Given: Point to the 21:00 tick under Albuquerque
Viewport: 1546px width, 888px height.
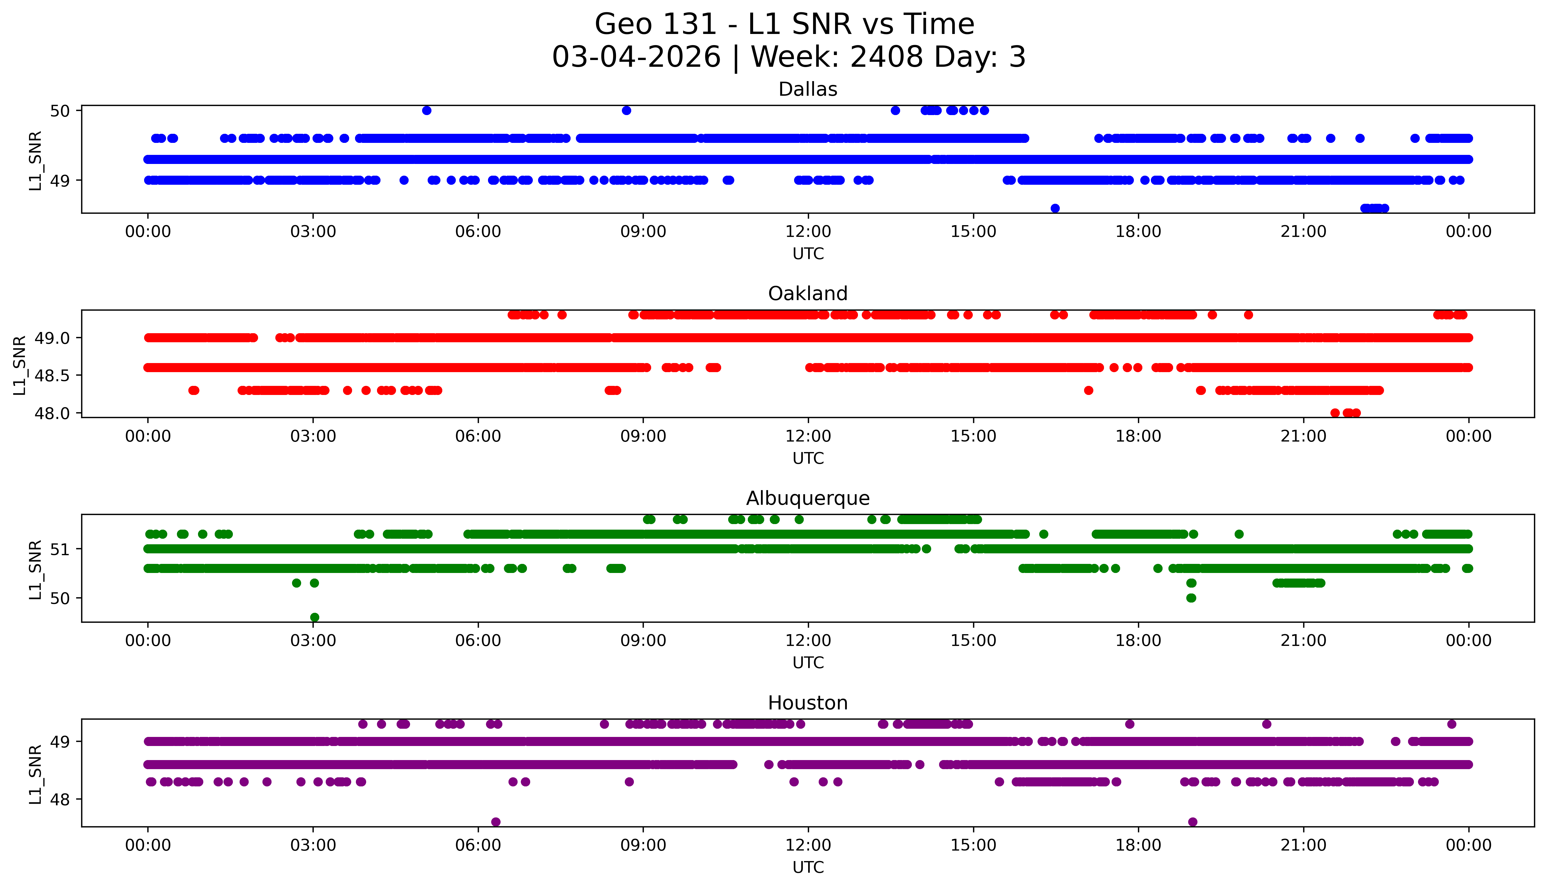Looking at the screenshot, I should point(1303,641).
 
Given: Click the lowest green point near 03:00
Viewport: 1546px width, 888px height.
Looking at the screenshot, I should point(314,617).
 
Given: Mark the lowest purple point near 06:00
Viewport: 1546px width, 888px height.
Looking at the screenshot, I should point(495,822).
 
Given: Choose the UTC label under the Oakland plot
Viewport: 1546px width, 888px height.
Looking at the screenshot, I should point(808,458).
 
